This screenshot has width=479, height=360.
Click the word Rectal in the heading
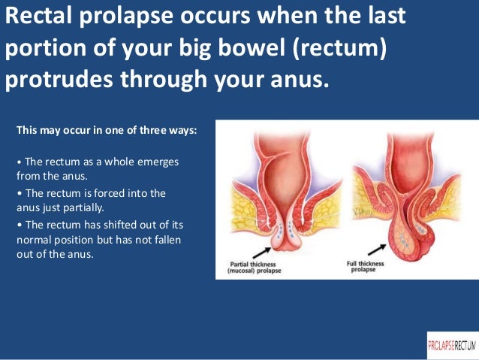click(38, 17)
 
